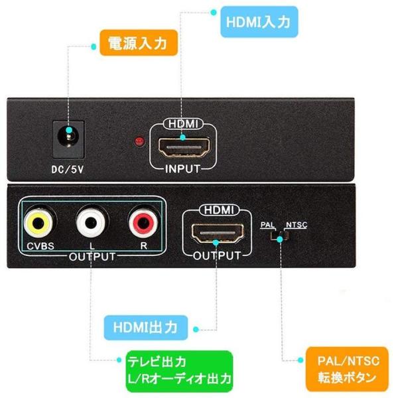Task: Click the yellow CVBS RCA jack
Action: [38, 223]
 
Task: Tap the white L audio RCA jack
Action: [91, 223]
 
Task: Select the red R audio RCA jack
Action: [144, 223]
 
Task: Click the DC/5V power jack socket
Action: [68, 139]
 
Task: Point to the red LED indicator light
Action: [139, 141]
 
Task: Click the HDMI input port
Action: [184, 147]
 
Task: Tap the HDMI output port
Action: [218, 233]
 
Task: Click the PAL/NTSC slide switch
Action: [279, 236]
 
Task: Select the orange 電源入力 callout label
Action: [139, 42]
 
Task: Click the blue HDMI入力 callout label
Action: [259, 22]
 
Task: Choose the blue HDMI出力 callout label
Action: [146, 328]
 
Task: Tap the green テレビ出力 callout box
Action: [179, 371]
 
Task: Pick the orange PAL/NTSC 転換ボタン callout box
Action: [347, 369]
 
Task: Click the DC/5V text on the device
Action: [68, 170]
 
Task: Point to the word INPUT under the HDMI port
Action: [183, 168]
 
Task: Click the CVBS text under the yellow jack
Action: [40, 246]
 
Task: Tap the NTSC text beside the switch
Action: [297, 225]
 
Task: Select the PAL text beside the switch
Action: [267, 225]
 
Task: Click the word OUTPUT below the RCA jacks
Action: [92, 257]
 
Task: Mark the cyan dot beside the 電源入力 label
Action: [94, 46]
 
